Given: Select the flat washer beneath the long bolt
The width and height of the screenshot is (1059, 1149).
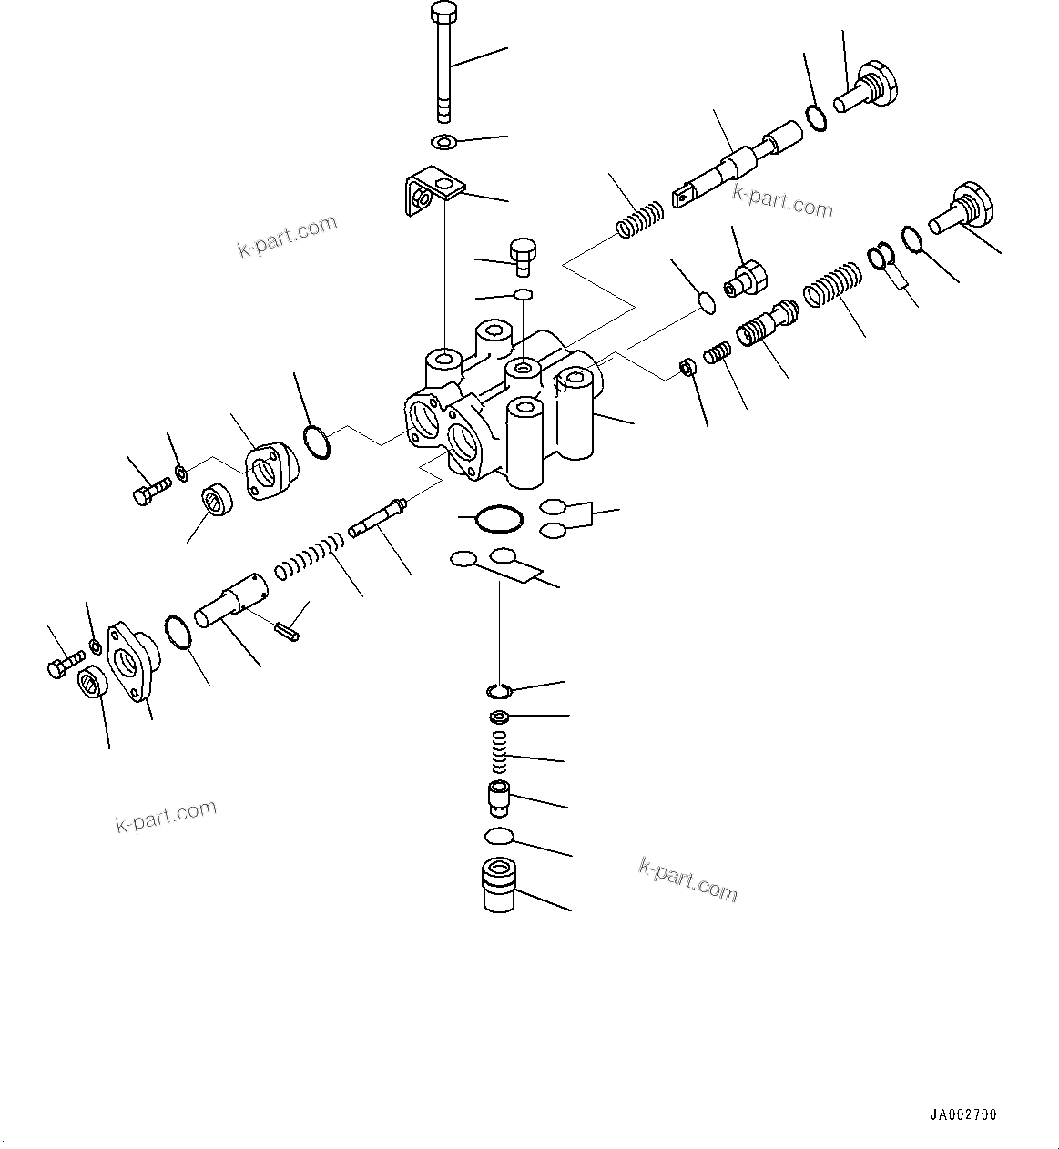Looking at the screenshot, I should click(443, 142).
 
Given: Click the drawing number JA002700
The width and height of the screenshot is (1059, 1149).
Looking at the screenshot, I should click(963, 1114).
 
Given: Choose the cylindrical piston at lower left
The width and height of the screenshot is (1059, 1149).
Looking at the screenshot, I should click(232, 602).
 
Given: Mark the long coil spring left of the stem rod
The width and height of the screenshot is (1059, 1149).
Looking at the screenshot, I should click(311, 557).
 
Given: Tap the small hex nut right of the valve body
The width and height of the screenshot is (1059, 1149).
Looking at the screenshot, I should click(687, 367).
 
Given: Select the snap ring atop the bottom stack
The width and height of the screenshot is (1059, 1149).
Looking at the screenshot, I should click(499, 689).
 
